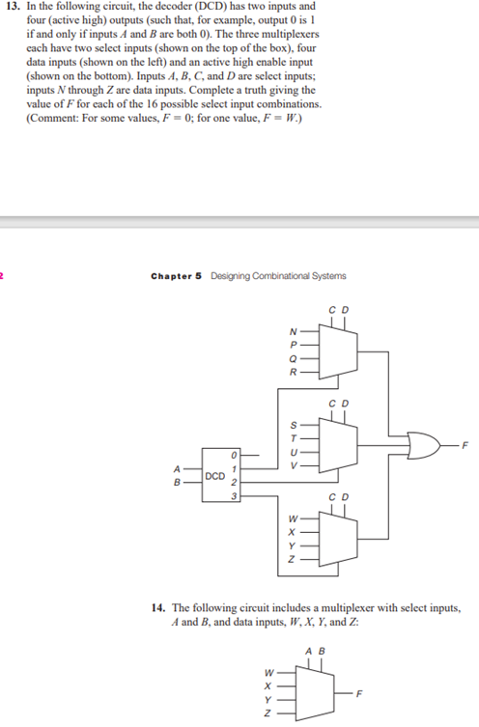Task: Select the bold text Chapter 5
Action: click(177, 276)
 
